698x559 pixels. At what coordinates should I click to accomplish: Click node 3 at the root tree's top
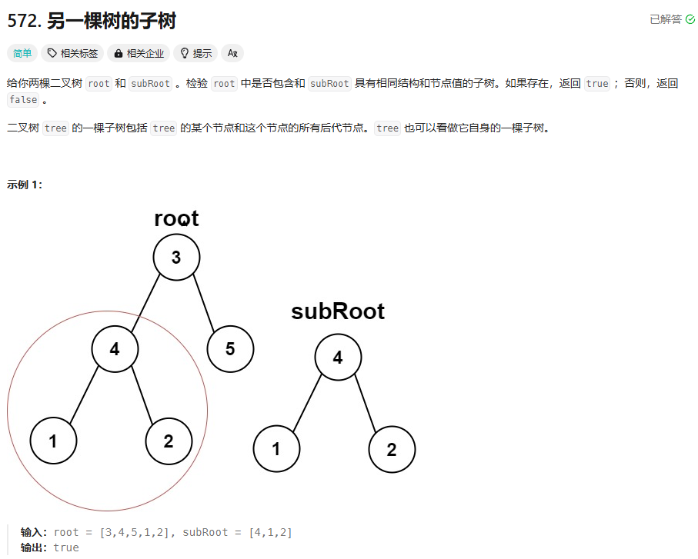pyautogui.click(x=176, y=257)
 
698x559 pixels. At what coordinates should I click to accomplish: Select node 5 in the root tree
pyautogui.click(x=230, y=349)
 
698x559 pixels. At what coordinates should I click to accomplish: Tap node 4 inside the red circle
pyautogui.click(x=115, y=349)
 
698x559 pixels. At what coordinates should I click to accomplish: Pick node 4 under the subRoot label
pyautogui.click(x=338, y=357)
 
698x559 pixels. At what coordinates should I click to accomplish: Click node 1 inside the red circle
pyautogui.click(x=53, y=441)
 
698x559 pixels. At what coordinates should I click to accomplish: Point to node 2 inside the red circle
pyautogui.click(x=169, y=441)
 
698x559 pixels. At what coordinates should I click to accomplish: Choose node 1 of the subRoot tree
pyautogui.click(x=276, y=449)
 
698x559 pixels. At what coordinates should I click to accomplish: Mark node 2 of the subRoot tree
pyautogui.click(x=392, y=449)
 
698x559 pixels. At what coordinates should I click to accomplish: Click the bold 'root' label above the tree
pyautogui.click(x=176, y=218)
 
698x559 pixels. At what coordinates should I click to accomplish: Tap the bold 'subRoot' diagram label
pyautogui.click(x=338, y=311)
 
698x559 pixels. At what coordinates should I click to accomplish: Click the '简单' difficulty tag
pyautogui.click(x=21, y=53)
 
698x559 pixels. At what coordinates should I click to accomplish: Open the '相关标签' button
pyautogui.click(x=72, y=53)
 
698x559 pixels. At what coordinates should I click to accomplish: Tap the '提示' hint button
pyautogui.click(x=195, y=53)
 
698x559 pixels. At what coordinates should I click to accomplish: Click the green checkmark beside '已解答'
pyautogui.click(x=690, y=19)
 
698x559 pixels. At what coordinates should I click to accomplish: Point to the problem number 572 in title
pyautogui.click(x=23, y=21)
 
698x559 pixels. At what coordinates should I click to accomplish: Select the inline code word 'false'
pyautogui.click(x=23, y=100)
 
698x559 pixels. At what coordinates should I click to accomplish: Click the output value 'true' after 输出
pyautogui.click(x=66, y=547)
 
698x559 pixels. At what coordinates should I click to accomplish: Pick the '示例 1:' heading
pyautogui.click(x=25, y=185)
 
